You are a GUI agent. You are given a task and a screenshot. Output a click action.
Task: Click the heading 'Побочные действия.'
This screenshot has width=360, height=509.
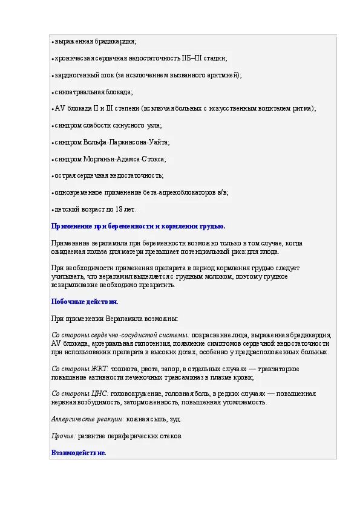click(x=85, y=302)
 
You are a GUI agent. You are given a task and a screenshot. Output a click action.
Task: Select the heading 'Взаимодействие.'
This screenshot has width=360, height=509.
click(x=79, y=452)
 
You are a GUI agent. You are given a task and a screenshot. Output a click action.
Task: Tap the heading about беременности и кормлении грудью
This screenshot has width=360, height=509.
click(x=138, y=226)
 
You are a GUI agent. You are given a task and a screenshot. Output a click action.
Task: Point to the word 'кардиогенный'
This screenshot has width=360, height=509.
click(x=74, y=75)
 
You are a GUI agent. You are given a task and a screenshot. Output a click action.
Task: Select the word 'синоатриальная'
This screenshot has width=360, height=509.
click(x=77, y=92)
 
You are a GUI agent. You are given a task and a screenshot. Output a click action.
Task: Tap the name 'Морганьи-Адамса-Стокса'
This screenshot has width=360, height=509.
click(x=127, y=159)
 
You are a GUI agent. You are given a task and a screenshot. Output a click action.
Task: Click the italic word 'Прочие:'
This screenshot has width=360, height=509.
click(x=64, y=435)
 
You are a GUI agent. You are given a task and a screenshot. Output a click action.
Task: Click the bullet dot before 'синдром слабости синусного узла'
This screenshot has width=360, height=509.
click(x=53, y=126)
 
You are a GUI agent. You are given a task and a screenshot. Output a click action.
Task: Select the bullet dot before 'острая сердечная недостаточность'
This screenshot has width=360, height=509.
click(x=53, y=176)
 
